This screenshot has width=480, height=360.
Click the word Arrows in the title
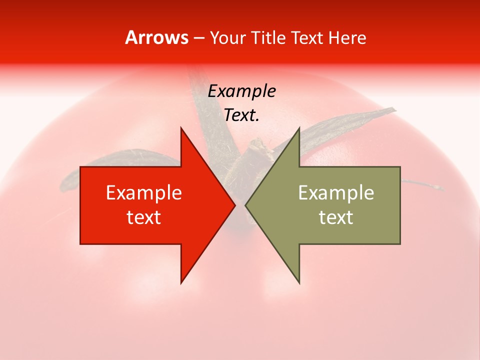click(157, 37)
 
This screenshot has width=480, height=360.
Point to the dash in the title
click(199, 38)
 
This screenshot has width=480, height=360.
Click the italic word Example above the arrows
click(241, 91)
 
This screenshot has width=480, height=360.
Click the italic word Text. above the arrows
click(241, 115)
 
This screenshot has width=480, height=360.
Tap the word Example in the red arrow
click(144, 193)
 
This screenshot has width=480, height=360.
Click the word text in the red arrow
click(144, 217)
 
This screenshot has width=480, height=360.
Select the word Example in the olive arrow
click(336, 193)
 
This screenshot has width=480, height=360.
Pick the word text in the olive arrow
click(336, 217)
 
